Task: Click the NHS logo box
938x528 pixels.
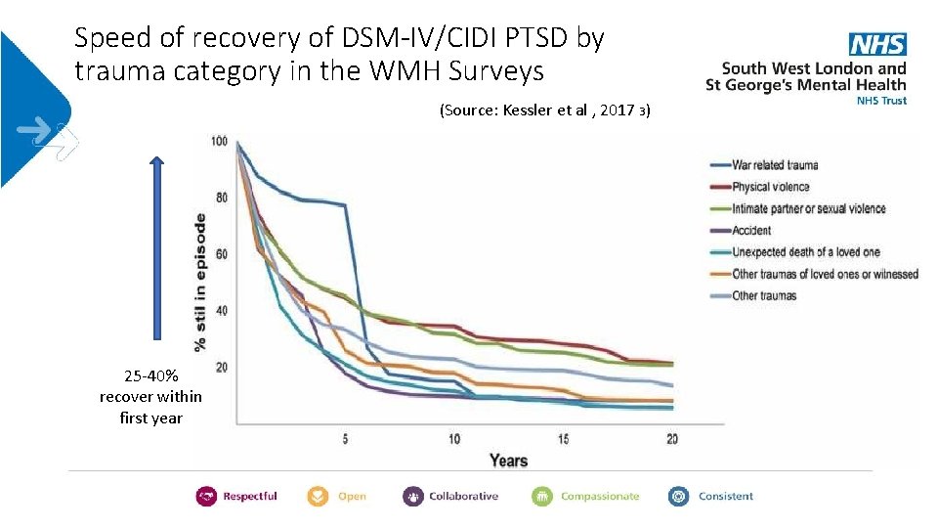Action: pyautogui.click(x=877, y=44)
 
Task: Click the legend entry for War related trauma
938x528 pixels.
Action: pyautogui.click(x=774, y=165)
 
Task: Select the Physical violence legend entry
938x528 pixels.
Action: pyautogui.click(x=770, y=187)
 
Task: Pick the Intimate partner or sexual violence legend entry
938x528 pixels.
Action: pyautogui.click(x=808, y=208)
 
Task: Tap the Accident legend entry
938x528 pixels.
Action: pyautogui.click(x=750, y=231)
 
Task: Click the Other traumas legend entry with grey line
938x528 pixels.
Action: pyautogui.click(x=764, y=295)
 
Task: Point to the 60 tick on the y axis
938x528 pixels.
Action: pyautogui.click(x=221, y=254)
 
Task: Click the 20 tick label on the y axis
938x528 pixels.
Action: pyautogui.click(x=221, y=367)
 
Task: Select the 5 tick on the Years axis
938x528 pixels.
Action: pyautogui.click(x=345, y=439)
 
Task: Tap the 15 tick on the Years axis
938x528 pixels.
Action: pyautogui.click(x=563, y=439)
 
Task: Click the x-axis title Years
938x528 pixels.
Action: pyautogui.click(x=508, y=461)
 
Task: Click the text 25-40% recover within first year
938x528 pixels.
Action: pyautogui.click(x=150, y=396)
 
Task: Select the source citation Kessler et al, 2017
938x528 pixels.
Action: pyautogui.click(x=544, y=110)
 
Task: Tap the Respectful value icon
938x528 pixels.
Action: pyautogui.click(x=206, y=496)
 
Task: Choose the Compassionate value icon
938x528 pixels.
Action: pyautogui.click(x=542, y=496)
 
